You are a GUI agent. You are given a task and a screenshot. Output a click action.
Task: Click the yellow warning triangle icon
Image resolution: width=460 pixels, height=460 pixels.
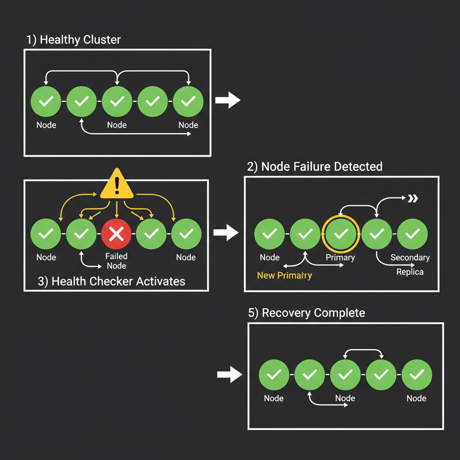117,185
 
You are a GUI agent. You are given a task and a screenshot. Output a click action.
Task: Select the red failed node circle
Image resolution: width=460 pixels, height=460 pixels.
116,234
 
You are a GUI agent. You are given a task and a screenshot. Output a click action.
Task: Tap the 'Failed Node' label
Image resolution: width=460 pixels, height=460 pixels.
116,261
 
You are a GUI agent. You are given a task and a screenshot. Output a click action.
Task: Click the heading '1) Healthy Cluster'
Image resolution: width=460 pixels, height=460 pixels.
73,40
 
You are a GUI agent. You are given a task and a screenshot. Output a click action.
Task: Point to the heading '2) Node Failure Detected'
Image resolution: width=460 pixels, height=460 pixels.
314,167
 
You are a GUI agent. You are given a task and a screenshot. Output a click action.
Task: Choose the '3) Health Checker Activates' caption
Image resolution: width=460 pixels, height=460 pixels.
111,282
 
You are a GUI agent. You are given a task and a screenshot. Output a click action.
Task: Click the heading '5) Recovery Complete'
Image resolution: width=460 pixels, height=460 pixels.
306,313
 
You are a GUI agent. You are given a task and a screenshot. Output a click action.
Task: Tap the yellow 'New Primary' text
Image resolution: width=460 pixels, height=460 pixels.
284,275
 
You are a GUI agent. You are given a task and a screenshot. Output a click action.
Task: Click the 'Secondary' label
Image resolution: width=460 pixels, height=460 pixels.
410,257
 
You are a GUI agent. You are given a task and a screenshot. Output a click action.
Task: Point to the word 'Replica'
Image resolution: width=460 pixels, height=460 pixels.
410,272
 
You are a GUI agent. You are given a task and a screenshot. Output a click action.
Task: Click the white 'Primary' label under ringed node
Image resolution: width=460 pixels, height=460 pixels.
340,257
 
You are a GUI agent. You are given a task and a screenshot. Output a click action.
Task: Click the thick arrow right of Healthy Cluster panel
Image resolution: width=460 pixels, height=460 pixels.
228,101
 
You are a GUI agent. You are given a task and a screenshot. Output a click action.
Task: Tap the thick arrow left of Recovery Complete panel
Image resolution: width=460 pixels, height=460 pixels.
230,375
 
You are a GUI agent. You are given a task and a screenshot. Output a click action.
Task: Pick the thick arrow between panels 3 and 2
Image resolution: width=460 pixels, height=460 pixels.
226,233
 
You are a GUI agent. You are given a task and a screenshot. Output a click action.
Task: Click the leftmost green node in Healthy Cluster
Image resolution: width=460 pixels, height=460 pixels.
45,102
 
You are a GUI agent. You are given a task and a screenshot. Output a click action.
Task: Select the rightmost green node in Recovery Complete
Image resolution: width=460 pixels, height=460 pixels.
416,374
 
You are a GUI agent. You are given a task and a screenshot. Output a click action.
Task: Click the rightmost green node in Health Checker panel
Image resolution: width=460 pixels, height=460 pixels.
186,234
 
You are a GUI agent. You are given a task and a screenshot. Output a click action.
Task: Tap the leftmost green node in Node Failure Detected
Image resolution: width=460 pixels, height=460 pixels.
269,234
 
